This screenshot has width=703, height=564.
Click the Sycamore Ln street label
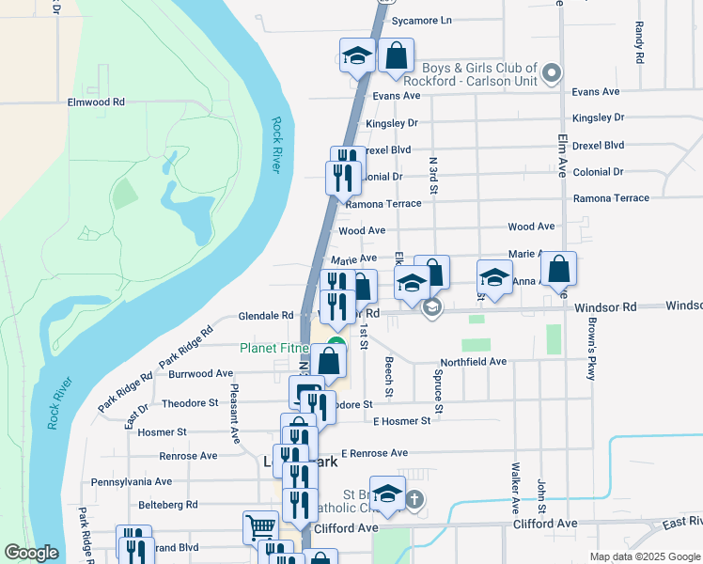pyautogui.click(x=421, y=20)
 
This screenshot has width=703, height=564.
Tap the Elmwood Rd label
pyautogui.click(x=96, y=102)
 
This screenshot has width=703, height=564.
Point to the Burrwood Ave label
pyautogui.click(x=201, y=373)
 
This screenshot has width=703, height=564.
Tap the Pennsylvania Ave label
pyautogui.click(x=131, y=481)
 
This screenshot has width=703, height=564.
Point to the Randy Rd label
pyautogui.click(x=639, y=40)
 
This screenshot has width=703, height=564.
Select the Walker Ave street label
pyautogui.click(x=515, y=478)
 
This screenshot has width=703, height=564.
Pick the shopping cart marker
pyautogui.click(x=260, y=525)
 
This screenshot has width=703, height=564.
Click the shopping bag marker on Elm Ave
pyautogui.click(x=559, y=269)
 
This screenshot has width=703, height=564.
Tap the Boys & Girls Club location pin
pyautogui.click(x=553, y=72)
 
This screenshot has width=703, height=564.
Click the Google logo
pyautogui.click(x=31, y=553)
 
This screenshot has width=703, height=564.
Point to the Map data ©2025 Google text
pyautogui.click(x=644, y=556)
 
